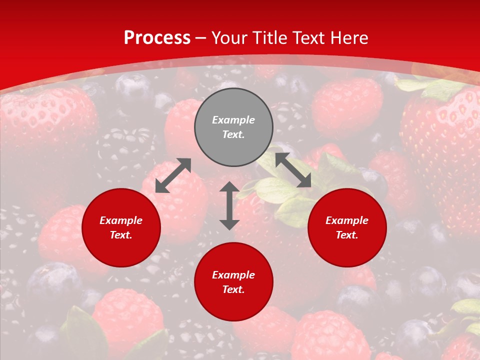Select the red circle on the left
[121, 227]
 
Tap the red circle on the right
[347, 227]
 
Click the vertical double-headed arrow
[229, 205]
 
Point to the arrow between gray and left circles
[173, 175]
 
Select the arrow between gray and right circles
[293, 170]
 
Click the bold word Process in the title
[157, 38]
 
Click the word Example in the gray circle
[233, 120]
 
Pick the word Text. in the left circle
[121, 235]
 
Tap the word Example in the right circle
[347, 220]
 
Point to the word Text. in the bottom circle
[233, 289]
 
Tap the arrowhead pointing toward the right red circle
[304, 181]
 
